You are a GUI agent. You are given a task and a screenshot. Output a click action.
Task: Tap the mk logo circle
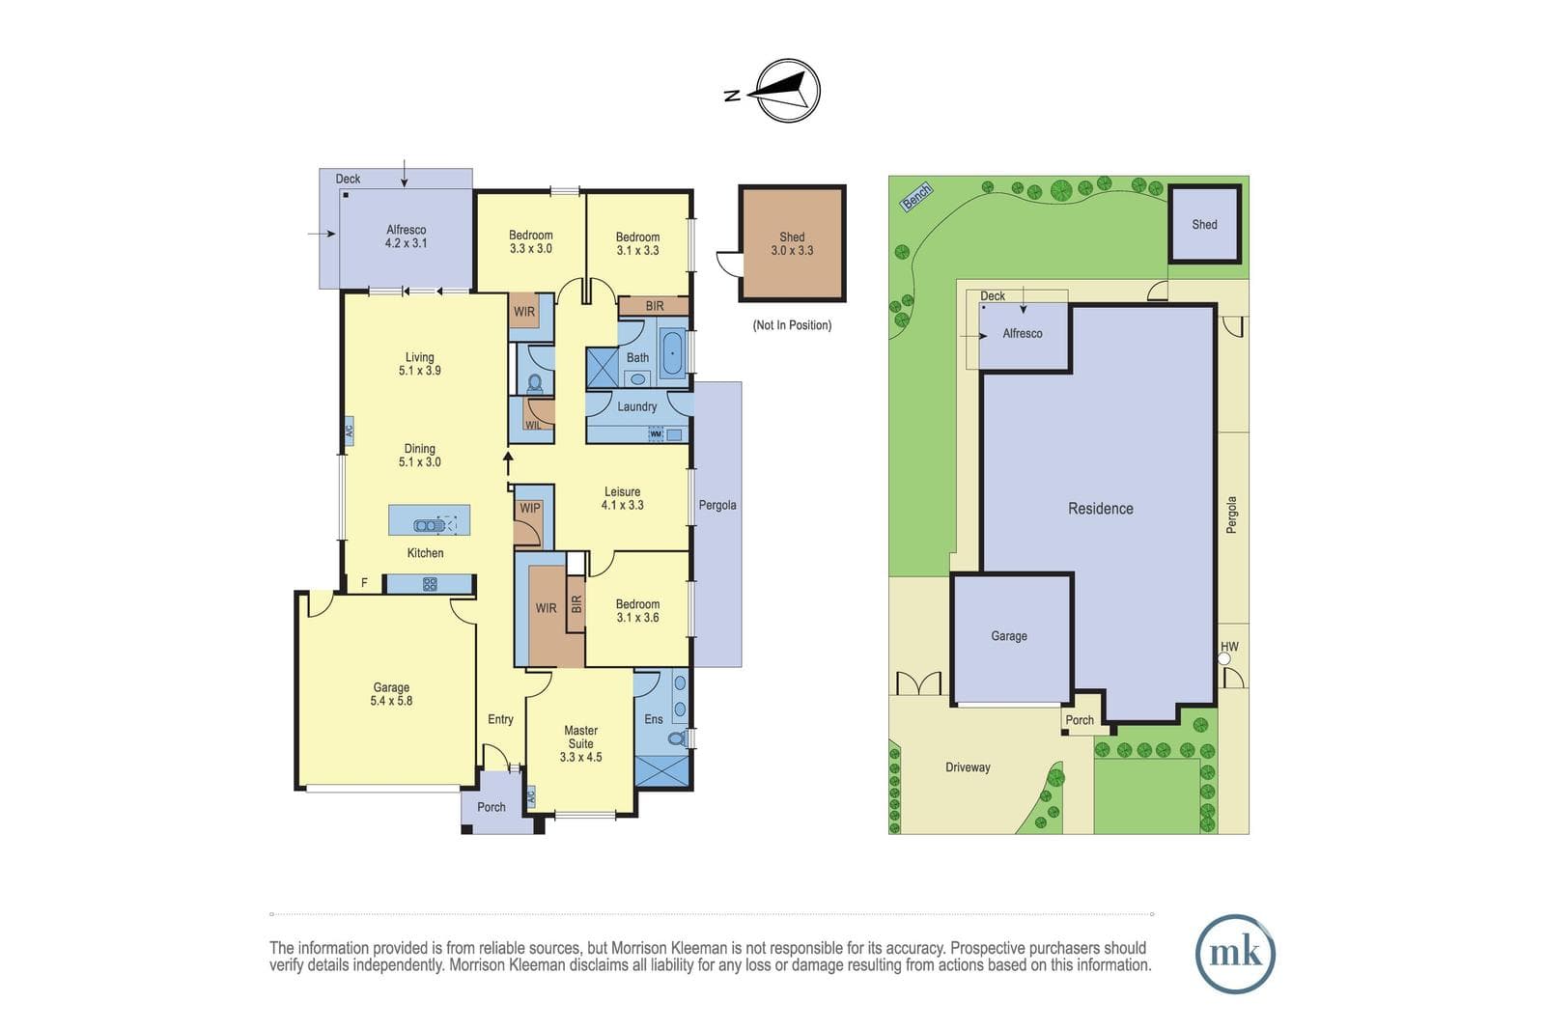[x=1235, y=954]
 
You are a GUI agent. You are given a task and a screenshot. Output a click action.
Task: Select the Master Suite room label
[x=580, y=743]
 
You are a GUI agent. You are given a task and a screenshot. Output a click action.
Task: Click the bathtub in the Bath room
[x=672, y=352]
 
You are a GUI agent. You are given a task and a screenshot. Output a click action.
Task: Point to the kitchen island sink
[x=429, y=526]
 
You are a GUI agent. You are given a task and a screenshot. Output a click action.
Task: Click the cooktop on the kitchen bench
[x=430, y=585]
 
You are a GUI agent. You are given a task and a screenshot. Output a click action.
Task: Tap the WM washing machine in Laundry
[x=656, y=434]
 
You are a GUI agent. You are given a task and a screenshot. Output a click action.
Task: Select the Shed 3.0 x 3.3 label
[x=792, y=243]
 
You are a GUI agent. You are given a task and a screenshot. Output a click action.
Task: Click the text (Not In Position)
[x=792, y=324]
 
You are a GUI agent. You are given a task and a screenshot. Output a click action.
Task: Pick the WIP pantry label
[x=530, y=508]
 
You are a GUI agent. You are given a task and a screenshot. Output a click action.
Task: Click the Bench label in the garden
[x=916, y=197]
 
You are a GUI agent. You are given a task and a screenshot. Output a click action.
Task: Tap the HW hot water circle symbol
[x=1223, y=659]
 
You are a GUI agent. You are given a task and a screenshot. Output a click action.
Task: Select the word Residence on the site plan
[x=1100, y=509]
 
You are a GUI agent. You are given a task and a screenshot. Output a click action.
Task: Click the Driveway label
[x=968, y=767]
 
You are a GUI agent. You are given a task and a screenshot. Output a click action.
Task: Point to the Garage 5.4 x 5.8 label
[x=391, y=694]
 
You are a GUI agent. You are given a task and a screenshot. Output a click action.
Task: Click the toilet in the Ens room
[x=677, y=738]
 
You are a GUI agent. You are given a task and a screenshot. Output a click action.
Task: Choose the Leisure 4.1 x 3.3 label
[x=622, y=498]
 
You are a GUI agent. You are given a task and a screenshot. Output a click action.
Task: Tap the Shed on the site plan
[x=1204, y=223]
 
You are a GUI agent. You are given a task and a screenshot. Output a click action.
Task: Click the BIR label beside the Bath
[x=655, y=306]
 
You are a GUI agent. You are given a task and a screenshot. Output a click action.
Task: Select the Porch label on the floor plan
[x=492, y=807]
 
